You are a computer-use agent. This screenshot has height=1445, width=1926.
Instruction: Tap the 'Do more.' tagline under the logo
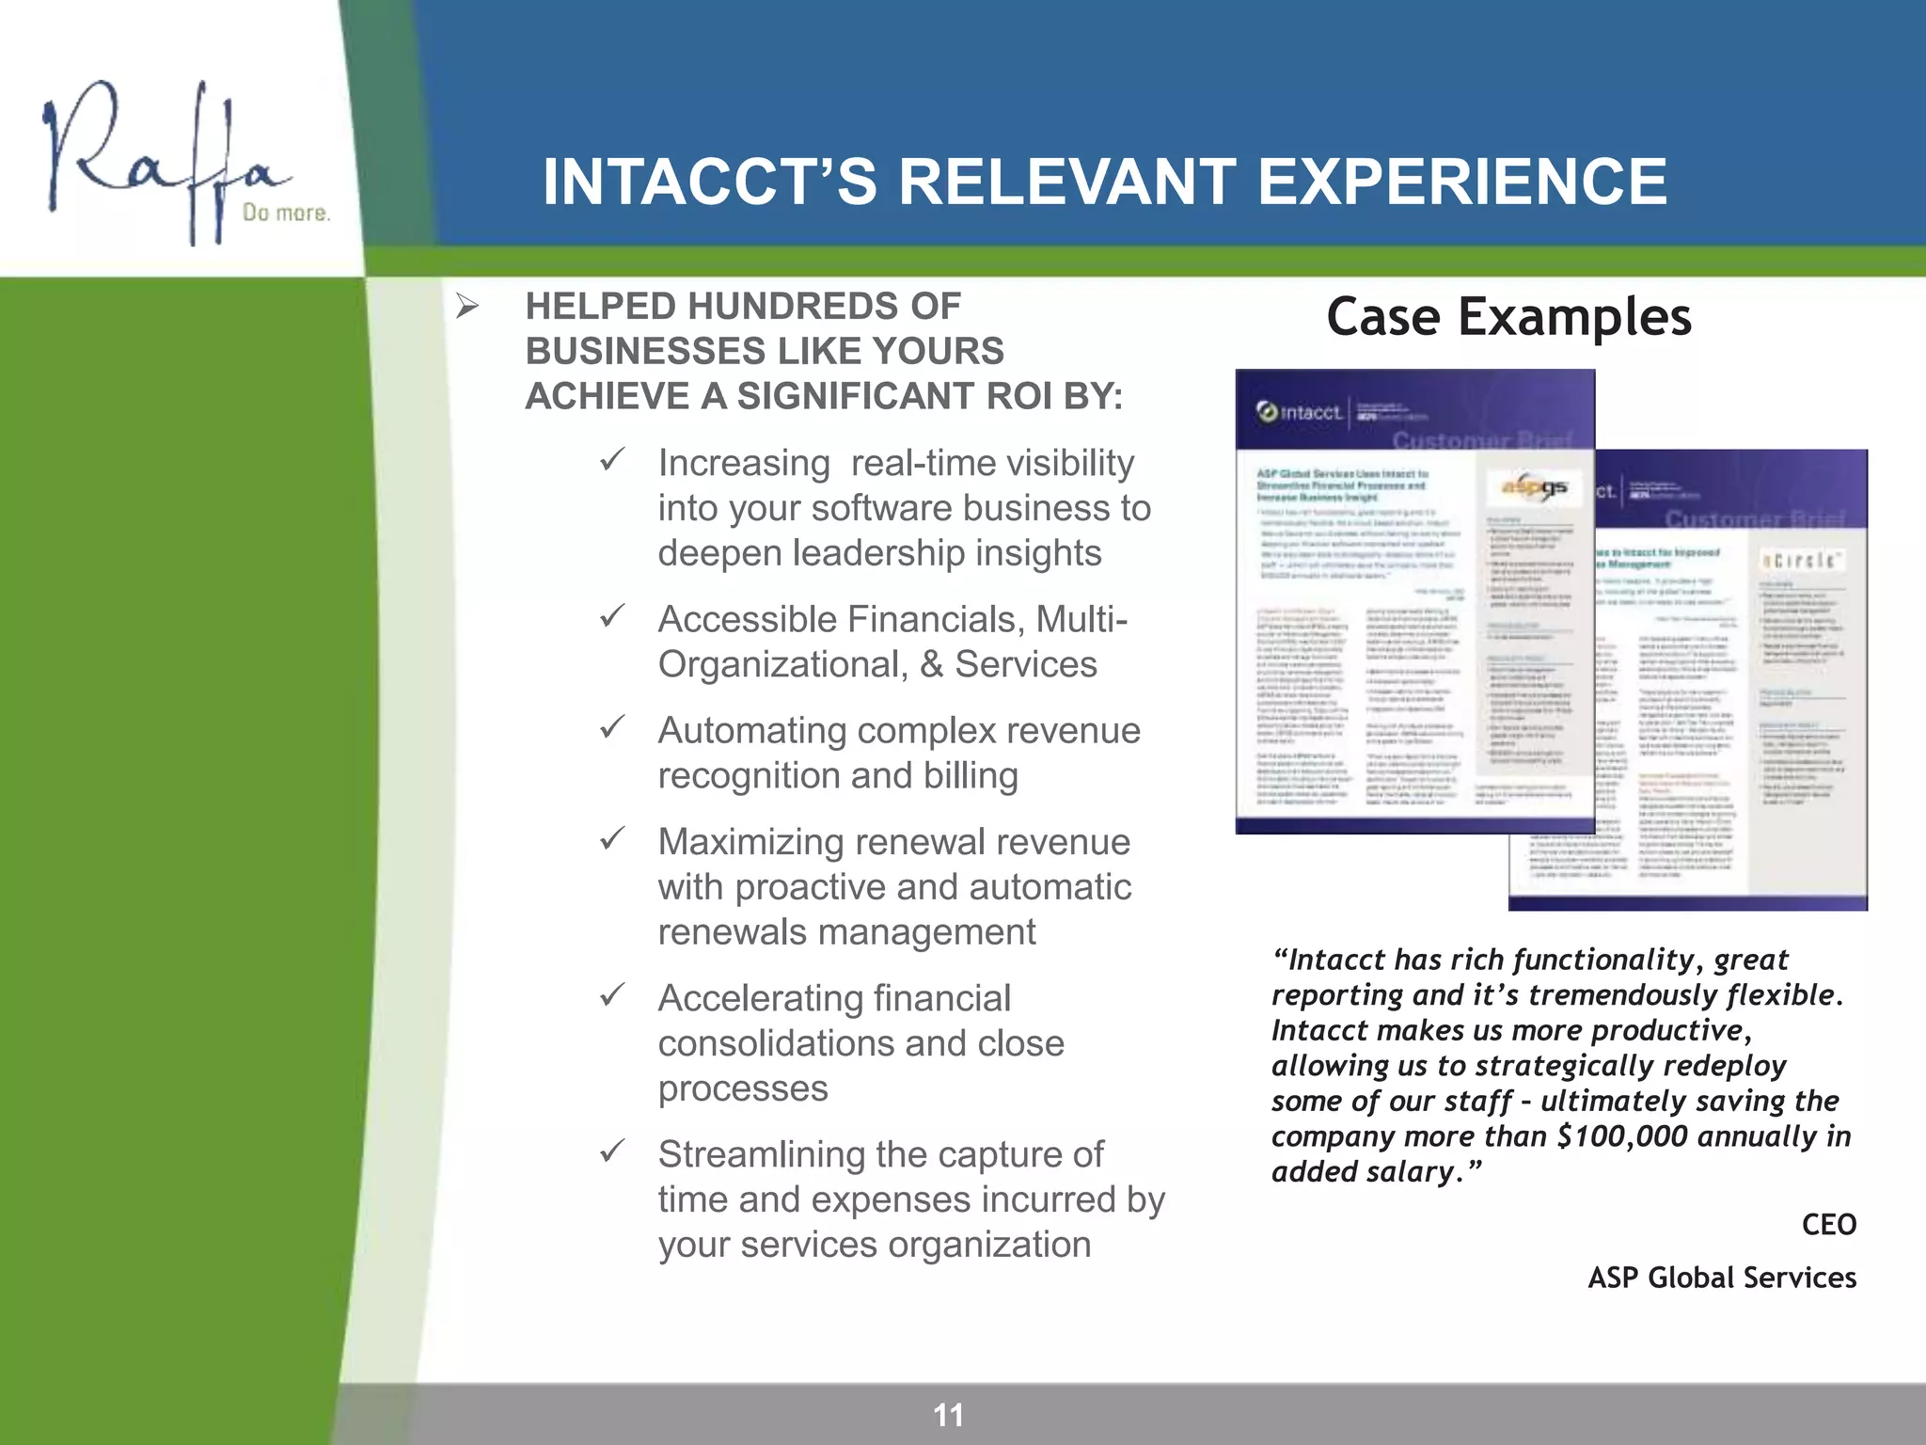tap(286, 214)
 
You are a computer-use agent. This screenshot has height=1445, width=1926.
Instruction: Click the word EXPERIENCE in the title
tap(1461, 182)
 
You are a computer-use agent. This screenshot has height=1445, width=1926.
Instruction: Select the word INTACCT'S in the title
tap(710, 182)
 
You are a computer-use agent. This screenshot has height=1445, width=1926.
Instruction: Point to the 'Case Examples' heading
tap(1508, 317)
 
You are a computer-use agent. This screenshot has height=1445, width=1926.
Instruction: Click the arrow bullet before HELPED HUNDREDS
tap(467, 307)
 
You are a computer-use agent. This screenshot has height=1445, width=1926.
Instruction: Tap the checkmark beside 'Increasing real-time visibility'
tap(613, 460)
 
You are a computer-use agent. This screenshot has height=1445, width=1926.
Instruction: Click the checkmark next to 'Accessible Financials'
tap(613, 616)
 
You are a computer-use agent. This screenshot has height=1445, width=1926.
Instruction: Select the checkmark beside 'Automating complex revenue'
tap(613, 727)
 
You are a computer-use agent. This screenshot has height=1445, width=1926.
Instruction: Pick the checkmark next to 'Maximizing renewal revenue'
tap(613, 838)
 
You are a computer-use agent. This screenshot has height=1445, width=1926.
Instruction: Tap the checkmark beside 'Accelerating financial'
tap(613, 994)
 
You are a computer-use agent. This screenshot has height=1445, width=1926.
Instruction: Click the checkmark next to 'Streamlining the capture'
tap(613, 1151)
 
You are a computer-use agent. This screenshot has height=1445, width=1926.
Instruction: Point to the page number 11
tap(948, 1415)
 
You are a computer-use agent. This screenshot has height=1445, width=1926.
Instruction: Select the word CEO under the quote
tap(1828, 1225)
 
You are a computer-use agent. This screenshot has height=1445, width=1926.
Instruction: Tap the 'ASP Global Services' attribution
tap(1722, 1278)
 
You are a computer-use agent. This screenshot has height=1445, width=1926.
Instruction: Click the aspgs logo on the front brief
tap(1534, 486)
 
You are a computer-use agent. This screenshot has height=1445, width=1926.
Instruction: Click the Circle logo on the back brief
tap(1800, 561)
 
